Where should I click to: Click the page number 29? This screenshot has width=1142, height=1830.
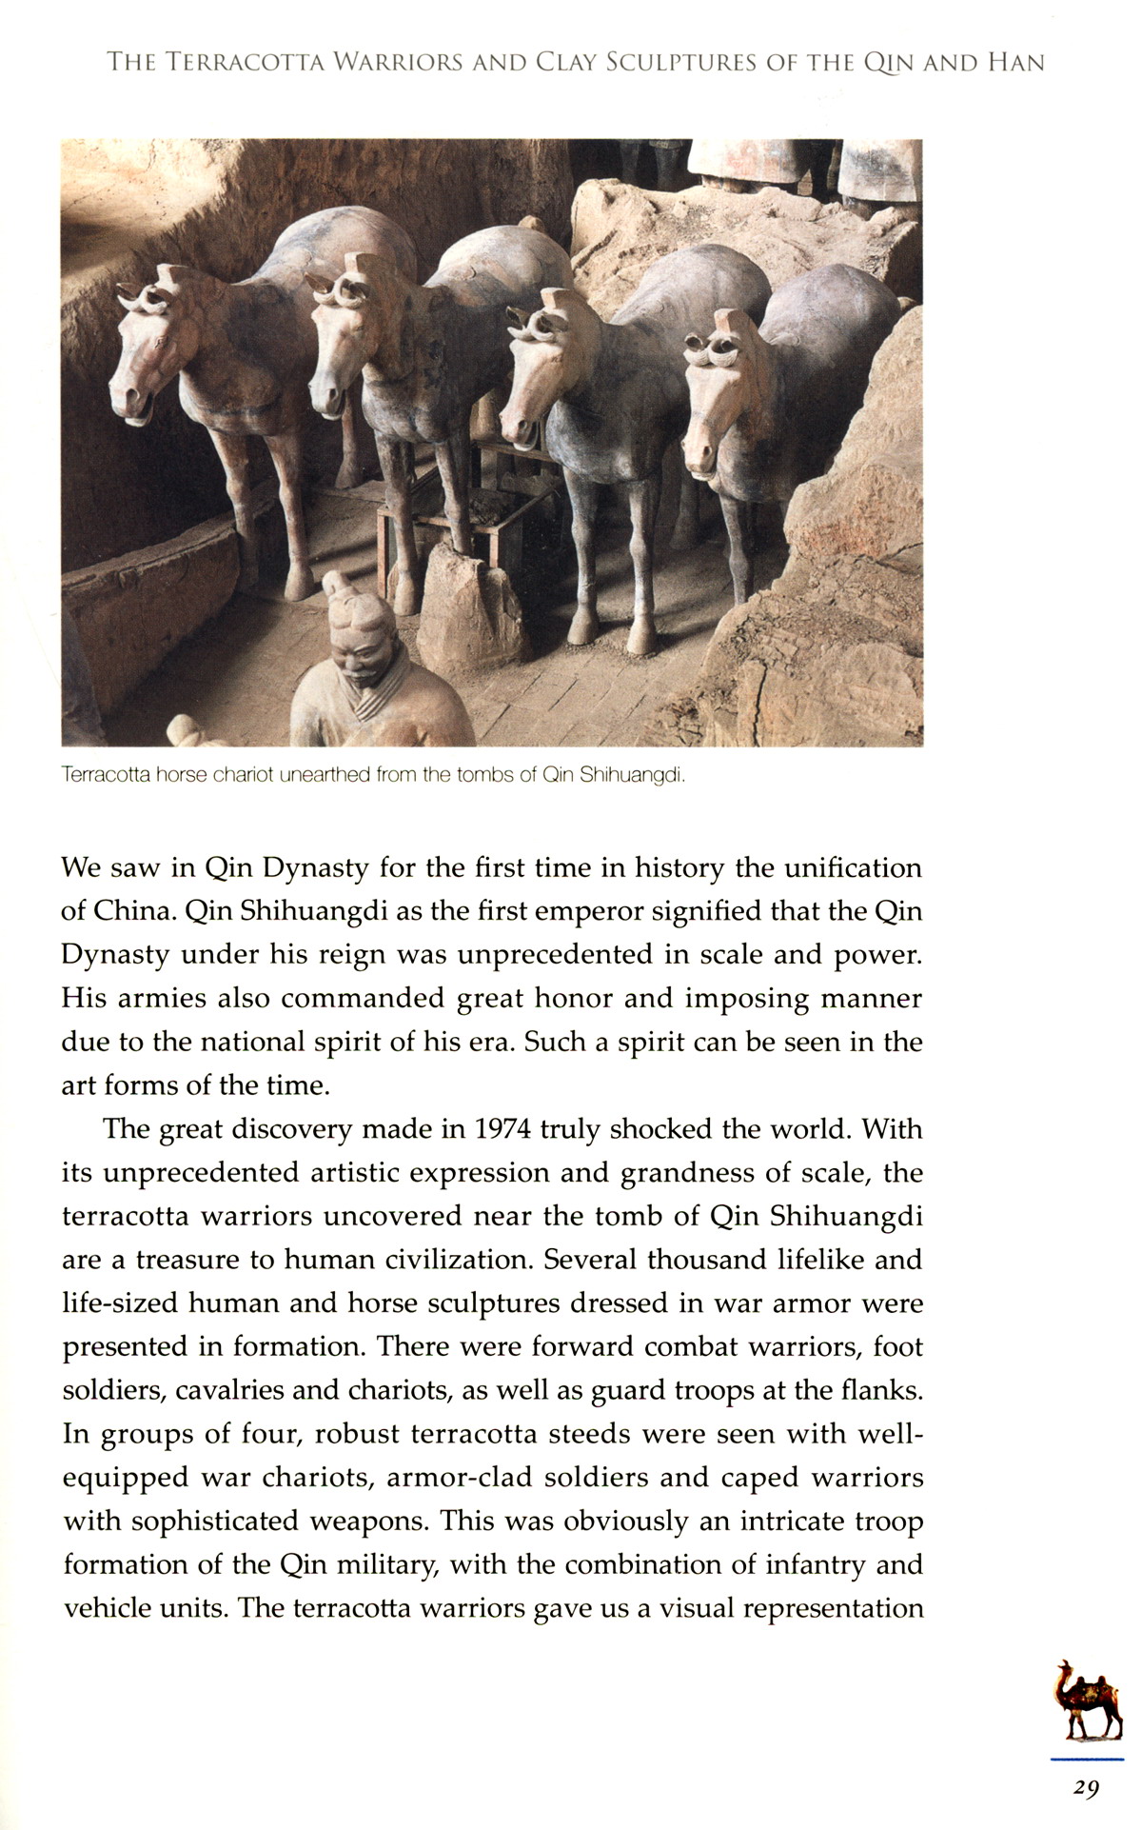point(1086,1787)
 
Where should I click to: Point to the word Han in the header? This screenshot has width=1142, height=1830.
point(1015,64)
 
